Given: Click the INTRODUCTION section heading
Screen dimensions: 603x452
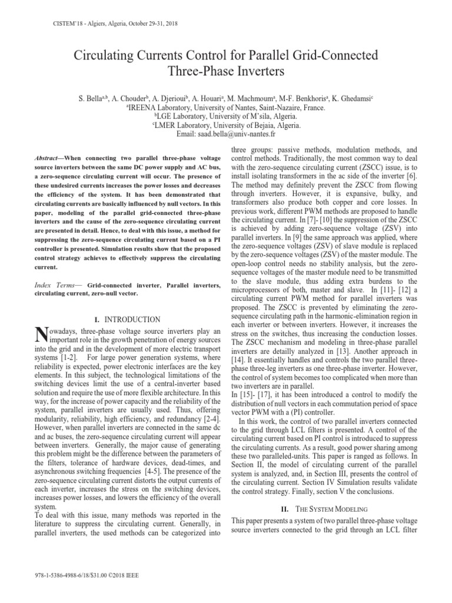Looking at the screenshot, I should tap(133, 319).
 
